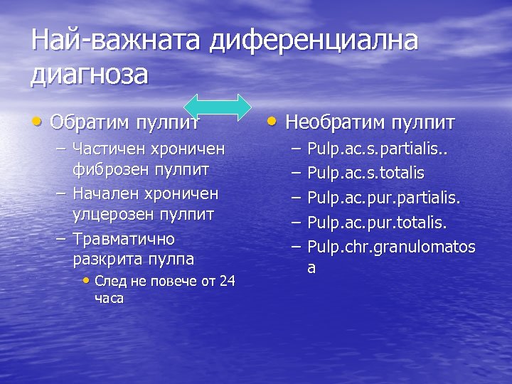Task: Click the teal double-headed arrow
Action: tap(222, 105)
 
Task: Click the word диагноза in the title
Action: tap(90, 74)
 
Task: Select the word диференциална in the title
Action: tap(314, 40)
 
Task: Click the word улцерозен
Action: tap(112, 213)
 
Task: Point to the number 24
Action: tap(227, 281)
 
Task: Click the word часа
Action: tap(109, 298)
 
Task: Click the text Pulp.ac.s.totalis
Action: tap(366, 173)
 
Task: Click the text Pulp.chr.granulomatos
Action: tap(391, 247)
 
